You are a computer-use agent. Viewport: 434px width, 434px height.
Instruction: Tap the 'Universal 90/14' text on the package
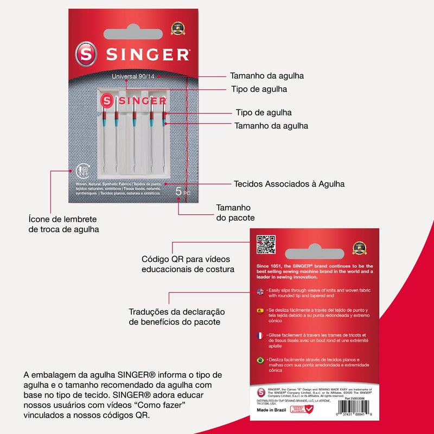(x=133, y=76)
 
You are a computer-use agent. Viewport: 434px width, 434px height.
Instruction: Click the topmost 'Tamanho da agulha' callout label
(x=266, y=76)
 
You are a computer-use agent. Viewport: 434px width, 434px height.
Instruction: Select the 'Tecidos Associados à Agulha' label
(x=289, y=184)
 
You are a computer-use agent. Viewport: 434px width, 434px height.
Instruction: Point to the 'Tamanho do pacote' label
(x=233, y=213)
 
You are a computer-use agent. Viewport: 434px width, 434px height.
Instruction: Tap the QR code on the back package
(x=266, y=245)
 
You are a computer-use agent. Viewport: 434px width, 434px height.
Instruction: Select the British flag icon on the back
(x=260, y=291)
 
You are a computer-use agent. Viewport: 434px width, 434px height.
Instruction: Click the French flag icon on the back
(x=260, y=336)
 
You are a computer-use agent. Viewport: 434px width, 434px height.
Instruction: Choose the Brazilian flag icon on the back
(x=260, y=360)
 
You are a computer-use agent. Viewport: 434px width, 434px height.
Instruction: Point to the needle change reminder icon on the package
(x=83, y=170)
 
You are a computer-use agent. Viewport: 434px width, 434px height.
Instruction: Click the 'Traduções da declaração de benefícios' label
(x=177, y=317)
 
